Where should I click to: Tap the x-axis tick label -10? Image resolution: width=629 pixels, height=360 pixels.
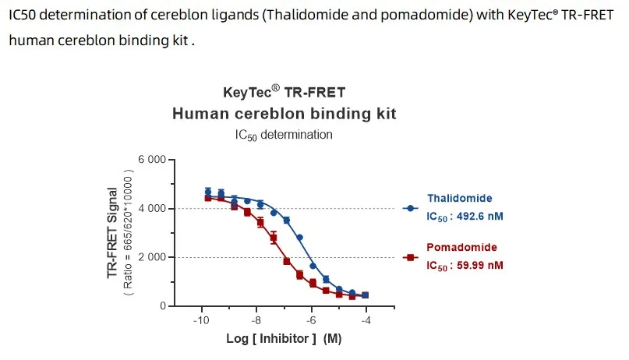pyautogui.click(x=201, y=320)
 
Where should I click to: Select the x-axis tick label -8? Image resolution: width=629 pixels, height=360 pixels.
pyautogui.click(x=256, y=320)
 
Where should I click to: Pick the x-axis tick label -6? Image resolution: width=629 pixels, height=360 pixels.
pyautogui.click(x=310, y=320)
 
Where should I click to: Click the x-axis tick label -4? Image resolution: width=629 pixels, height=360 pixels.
pyautogui.click(x=365, y=320)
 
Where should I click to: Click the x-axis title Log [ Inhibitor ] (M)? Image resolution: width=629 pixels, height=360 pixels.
pyautogui.click(x=284, y=339)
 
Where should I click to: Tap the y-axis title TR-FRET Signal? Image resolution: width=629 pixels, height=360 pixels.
pyautogui.click(x=114, y=233)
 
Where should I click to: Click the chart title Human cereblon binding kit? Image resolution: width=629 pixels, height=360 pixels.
pyautogui.click(x=284, y=114)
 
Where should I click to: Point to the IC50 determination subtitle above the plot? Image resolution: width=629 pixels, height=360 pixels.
pyautogui.click(x=284, y=135)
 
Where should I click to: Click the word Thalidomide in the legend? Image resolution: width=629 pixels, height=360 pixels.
pyautogui.click(x=459, y=199)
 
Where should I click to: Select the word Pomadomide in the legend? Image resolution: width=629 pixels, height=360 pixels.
pyautogui.click(x=461, y=248)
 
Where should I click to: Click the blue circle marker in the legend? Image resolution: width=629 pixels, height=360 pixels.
pyautogui.click(x=410, y=209)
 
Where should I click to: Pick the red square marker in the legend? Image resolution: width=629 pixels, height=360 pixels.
pyautogui.click(x=410, y=257)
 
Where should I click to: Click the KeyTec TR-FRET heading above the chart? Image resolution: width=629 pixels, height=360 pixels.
pyautogui.click(x=284, y=92)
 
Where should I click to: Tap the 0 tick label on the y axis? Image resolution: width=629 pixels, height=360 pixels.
pyautogui.click(x=162, y=306)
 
